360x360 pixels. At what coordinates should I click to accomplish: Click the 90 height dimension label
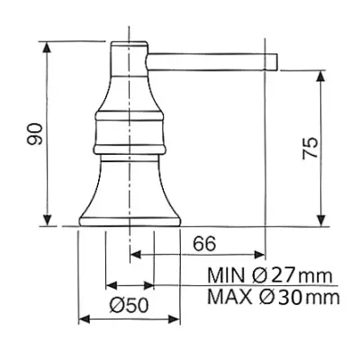pos(35,133)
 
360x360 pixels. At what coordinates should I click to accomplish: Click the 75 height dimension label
pos(310,148)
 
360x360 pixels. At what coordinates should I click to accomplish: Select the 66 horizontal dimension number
pos(204,244)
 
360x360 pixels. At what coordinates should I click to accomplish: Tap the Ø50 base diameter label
pos(130,305)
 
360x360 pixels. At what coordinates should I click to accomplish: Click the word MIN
pos(226,275)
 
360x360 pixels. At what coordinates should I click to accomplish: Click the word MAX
pos(230,297)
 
